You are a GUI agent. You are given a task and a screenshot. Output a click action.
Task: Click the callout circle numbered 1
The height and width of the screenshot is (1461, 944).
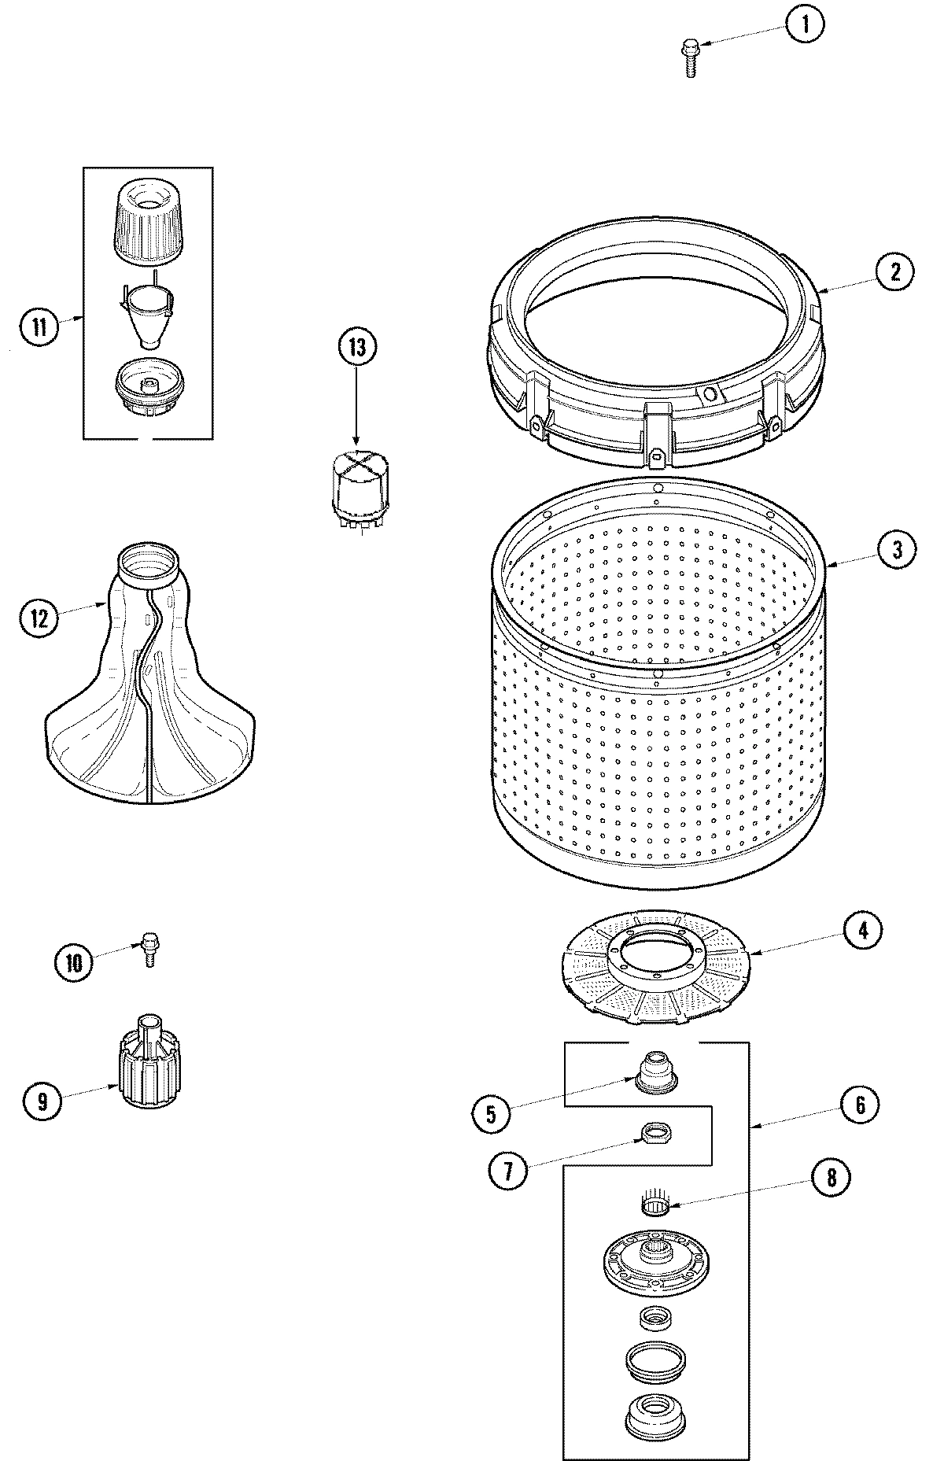pos(804,25)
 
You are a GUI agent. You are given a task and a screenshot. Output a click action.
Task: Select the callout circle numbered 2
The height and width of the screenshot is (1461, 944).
pos(894,271)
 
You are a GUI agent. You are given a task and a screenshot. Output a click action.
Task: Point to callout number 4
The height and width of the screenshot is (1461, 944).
pos(863,931)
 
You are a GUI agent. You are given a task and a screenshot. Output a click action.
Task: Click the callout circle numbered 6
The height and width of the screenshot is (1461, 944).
pos(860,1105)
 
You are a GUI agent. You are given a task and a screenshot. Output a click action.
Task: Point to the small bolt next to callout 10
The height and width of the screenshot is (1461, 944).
pos(148,946)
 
